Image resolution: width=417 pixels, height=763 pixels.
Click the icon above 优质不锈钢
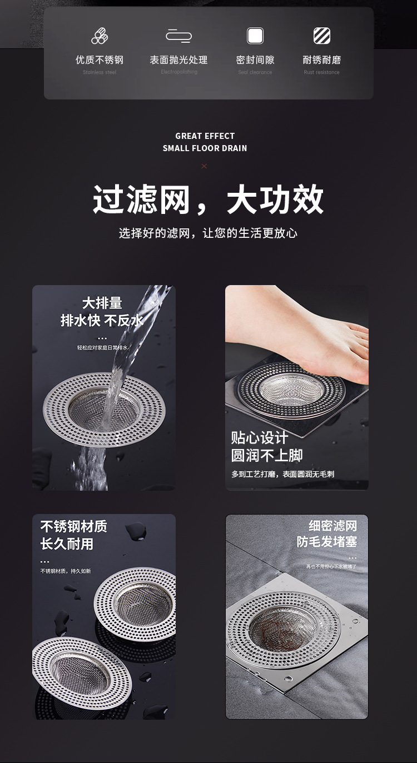(99, 36)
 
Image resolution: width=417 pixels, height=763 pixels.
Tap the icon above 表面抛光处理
(178, 36)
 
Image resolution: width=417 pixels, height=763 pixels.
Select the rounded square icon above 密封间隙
(255, 36)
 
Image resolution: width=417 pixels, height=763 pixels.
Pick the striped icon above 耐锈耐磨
(321, 36)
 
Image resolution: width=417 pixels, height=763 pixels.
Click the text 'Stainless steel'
(100, 72)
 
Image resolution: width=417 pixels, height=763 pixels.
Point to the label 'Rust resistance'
(321, 72)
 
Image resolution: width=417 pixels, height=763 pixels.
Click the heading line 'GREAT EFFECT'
(205, 136)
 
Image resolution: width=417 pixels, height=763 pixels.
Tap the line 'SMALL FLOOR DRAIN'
(205, 148)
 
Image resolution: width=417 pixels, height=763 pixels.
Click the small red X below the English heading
(204, 166)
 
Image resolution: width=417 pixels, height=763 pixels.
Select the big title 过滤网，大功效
(208, 200)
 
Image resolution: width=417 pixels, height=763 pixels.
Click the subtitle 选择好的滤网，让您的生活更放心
(208, 233)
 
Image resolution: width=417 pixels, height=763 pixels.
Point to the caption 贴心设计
(260, 438)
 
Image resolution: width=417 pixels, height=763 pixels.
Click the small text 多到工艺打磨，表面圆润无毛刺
(282, 474)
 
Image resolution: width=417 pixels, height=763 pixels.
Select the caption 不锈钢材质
(73, 526)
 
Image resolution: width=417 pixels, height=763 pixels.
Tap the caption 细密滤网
(332, 526)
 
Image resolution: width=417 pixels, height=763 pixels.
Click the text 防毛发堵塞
(326, 542)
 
